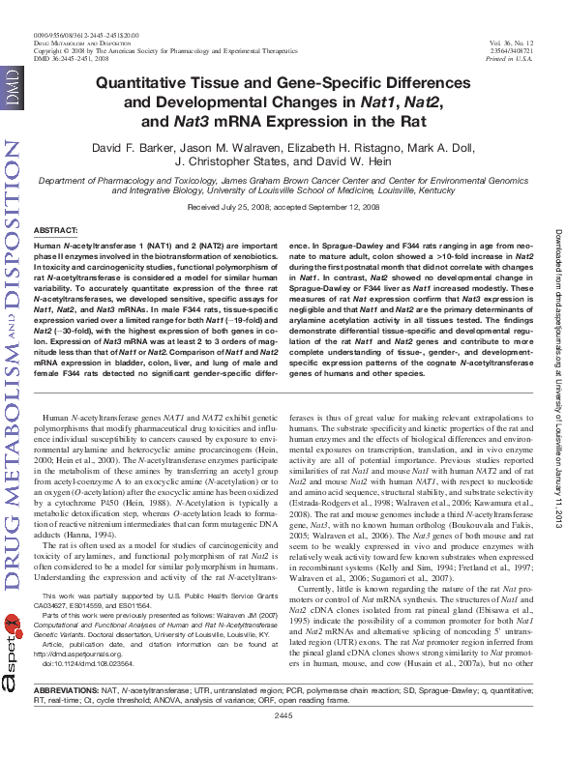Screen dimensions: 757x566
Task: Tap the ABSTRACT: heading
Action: click(x=55, y=229)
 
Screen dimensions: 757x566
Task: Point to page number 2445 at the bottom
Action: click(x=283, y=742)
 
